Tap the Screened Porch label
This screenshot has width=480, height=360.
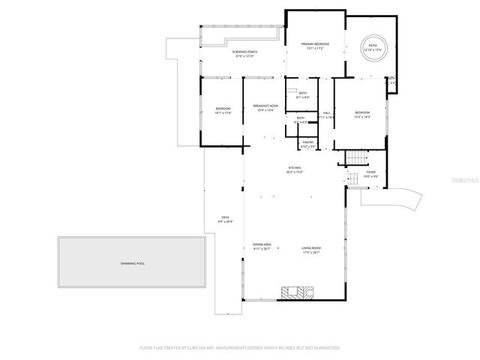pyautogui.click(x=244, y=52)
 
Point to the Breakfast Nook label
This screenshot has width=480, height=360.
pyautogui.click(x=265, y=106)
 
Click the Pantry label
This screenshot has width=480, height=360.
pyautogui.click(x=307, y=141)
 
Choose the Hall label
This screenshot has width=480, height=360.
pyautogui.click(x=327, y=113)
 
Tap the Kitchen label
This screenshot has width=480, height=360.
pyautogui.click(x=294, y=167)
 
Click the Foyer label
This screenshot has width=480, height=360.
pyautogui.click(x=370, y=172)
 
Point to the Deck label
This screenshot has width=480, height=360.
pyautogui.click(x=225, y=217)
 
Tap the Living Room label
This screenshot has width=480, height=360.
pyautogui.click(x=311, y=247)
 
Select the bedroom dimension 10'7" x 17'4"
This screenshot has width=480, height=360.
pyautogui.click(x=223, y=113)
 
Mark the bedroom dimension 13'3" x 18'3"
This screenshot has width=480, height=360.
pyautogui.click(x=363, y=117)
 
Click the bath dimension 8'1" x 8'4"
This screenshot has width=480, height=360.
pyautogui.click(x=302, y=97)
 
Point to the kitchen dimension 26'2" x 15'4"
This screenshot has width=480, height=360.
pyautogui.click(x=294, y=172)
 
